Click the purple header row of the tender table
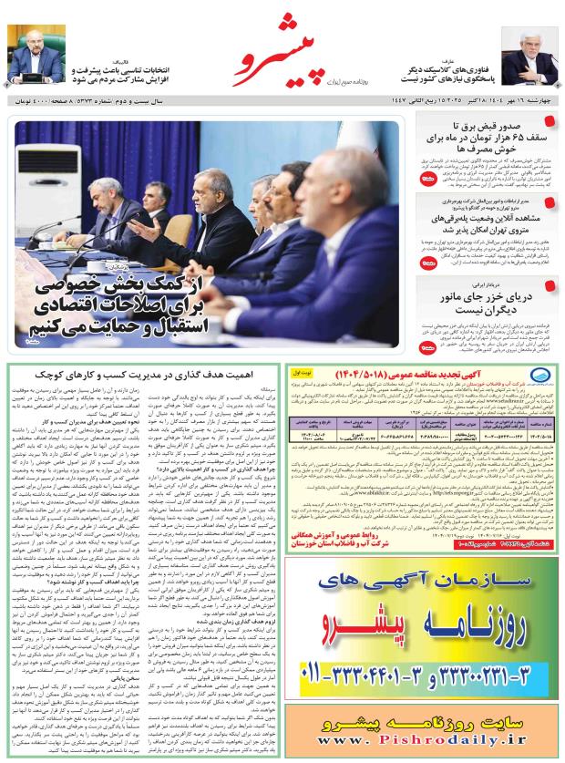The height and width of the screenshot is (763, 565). click(x=423, y=424)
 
